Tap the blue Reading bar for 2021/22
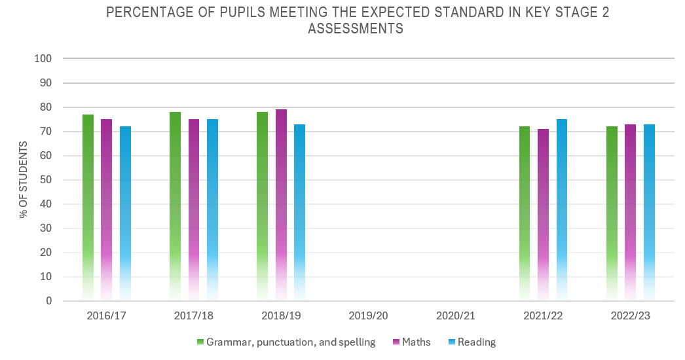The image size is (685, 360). (562, 210)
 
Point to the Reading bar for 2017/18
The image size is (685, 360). (212, 210)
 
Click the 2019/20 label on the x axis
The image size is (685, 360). (368, 315)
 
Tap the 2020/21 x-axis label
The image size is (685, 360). (455, 315)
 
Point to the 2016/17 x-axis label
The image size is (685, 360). (106, 315)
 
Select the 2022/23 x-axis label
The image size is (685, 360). (630, 315)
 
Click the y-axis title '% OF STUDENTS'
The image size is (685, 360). (24, 179)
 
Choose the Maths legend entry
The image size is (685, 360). (415, 342)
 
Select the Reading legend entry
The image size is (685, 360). (476, 342)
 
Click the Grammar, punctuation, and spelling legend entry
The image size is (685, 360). (290, 342)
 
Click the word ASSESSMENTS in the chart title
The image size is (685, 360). (356, 29)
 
